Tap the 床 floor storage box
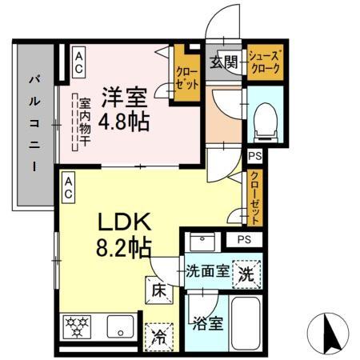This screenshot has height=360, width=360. tap(157, 288)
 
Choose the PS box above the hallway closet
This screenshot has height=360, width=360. tap(254, 157)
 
